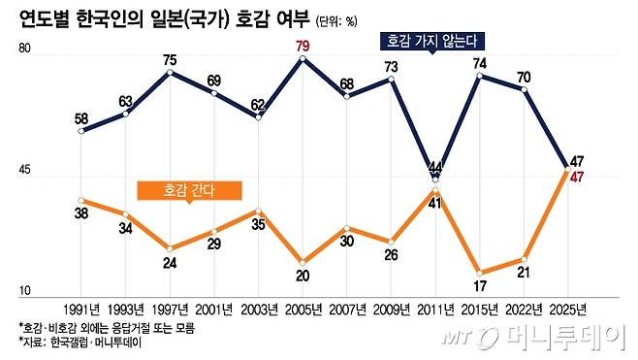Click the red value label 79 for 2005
point(303,45)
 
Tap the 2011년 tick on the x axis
point(435,310)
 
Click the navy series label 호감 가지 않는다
point(431,43)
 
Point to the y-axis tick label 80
point(25,51)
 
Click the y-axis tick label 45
point(25,173)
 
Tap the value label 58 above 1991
point(82,119)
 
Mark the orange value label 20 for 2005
point(303,277)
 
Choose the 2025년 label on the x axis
point(567,310)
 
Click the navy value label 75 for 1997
point(170,60)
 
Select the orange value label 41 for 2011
point(435,203)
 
